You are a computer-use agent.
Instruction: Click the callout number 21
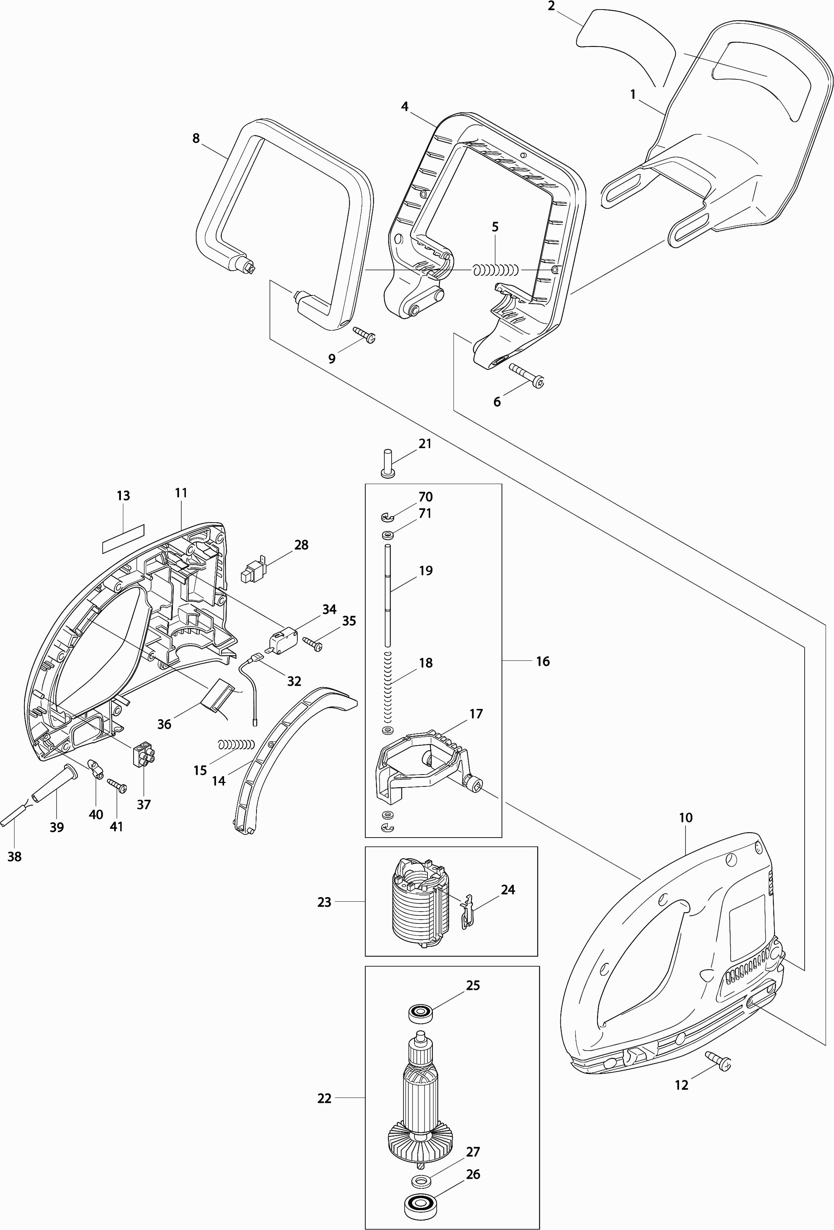pyautogui.click(x=425, y=444)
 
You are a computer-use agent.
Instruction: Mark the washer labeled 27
pyautogui.click(x=421, y=1165)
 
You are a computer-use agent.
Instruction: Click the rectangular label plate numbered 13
pyautogui.click(x=123, y=531)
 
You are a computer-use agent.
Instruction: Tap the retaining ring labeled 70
pyautogui.click(x=386, y=515)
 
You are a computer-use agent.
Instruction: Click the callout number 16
pyautogui.click(x=542, y=661)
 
